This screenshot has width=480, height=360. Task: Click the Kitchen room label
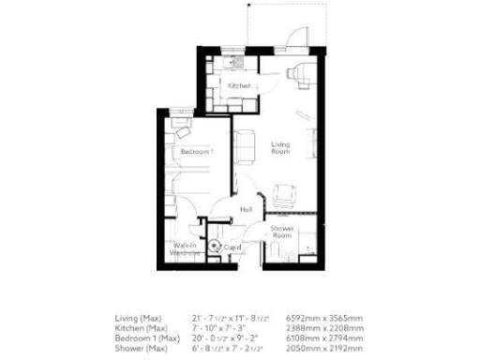[x=239, y=85]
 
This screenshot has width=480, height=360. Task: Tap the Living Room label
[x=280, y=148]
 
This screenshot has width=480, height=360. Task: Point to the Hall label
[x=247, y=210]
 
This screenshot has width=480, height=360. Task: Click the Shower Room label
[x=284, y=233]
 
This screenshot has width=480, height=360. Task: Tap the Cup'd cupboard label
[x=232, y=247]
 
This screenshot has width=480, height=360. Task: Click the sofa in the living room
[x=243, y=144]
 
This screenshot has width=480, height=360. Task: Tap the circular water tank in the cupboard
[x=216, y=246]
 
